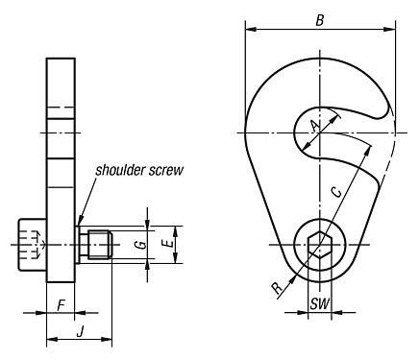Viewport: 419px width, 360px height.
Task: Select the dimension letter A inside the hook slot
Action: coord(315,126)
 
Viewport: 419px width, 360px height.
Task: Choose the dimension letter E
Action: coord(168,246)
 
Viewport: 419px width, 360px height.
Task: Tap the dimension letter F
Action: coord(62,304)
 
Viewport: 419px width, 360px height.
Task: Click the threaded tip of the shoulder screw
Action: coord(99,246)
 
